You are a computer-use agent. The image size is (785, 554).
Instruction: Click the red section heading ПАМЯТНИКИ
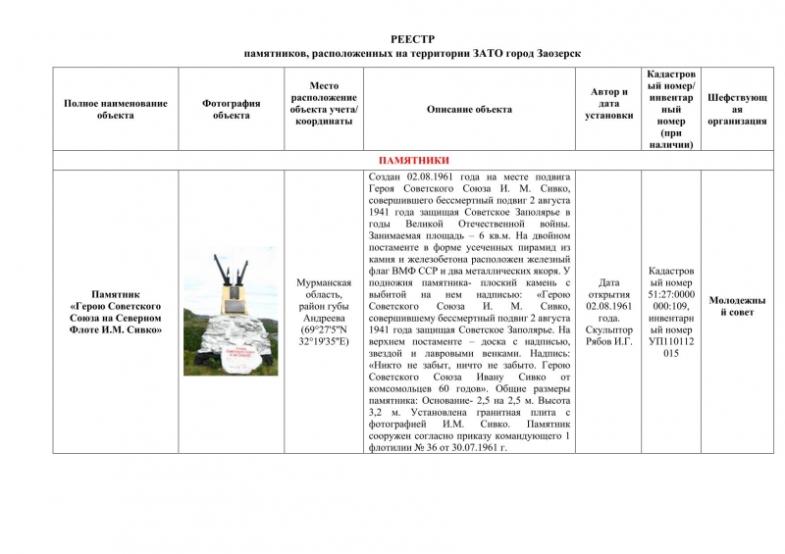coord(413,160)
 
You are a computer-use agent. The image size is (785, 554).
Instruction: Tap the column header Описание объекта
coord(469,110)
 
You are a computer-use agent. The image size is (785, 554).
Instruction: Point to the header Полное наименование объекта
coord(116,110)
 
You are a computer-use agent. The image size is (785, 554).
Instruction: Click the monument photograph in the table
coord(231,310)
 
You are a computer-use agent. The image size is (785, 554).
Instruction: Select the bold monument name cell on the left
coord(116,311)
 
